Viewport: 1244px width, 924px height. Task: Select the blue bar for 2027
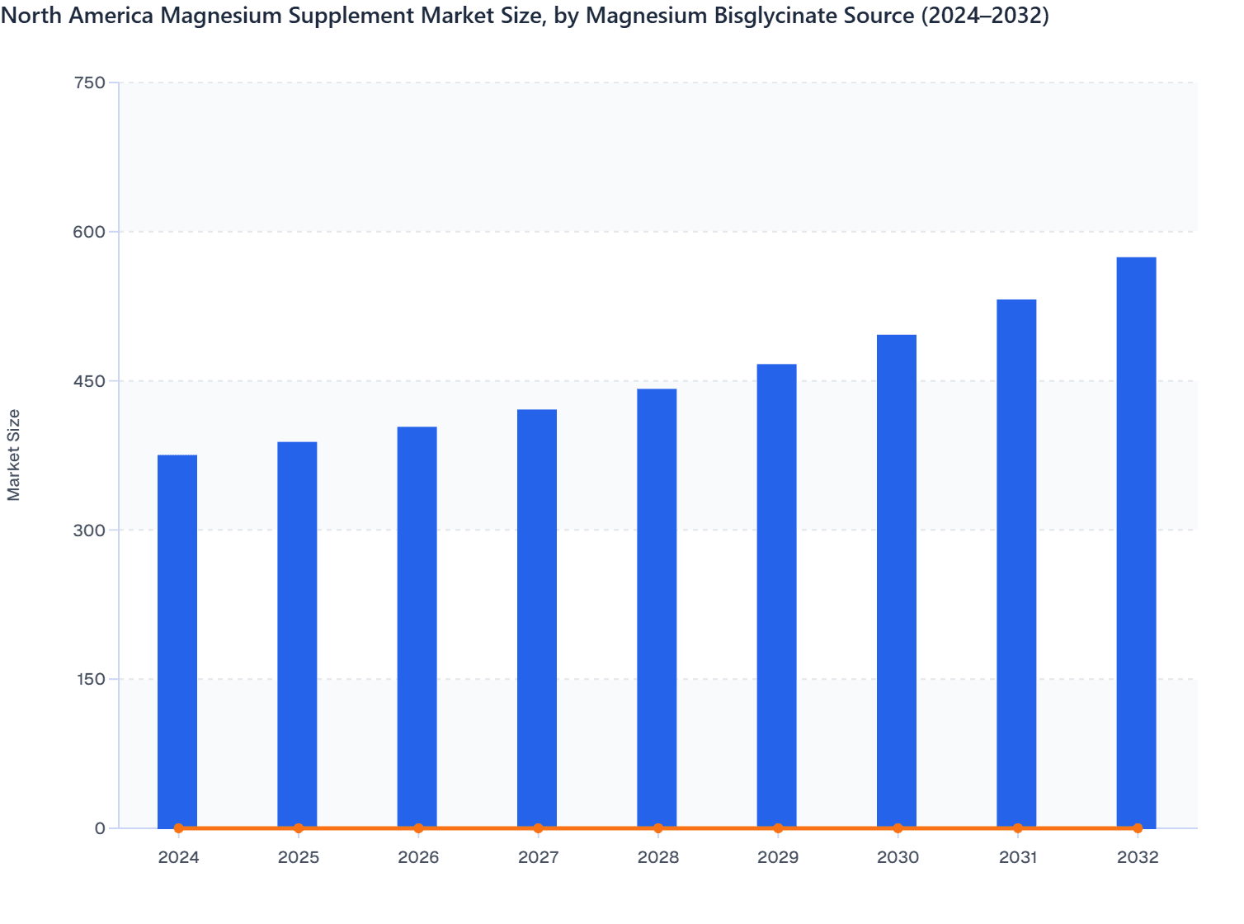537,619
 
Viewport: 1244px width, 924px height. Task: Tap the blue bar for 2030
897,581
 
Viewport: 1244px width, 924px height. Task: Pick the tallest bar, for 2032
1136,542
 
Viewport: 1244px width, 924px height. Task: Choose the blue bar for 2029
776,596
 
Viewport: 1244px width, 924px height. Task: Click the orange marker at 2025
299,828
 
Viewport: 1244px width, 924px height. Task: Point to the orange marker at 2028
658,828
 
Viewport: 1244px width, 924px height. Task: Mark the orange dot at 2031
1018,828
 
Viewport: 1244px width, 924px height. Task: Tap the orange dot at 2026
418,828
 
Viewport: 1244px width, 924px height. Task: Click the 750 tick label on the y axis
89,82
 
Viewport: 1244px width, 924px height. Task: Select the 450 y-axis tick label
89,381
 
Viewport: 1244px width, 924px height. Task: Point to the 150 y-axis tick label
89,679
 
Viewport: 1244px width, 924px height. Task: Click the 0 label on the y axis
100,828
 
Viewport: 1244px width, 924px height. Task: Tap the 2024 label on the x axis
178,858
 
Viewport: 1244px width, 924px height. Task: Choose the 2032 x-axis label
1138,858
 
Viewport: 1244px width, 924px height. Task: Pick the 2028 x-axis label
658,858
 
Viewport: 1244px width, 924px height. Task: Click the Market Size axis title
14,455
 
